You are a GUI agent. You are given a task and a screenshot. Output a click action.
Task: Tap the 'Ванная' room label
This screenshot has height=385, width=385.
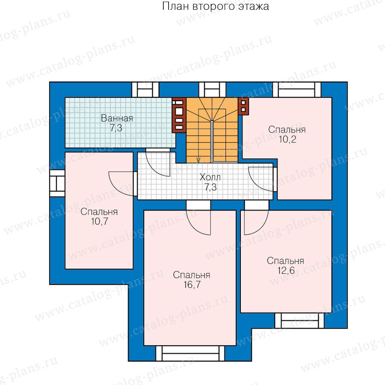(x=117, y=118)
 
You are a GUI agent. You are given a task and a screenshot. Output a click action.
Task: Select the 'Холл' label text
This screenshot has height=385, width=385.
(x=210, y=177)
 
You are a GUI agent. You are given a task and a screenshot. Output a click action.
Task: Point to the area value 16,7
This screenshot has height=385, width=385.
(x=192, y=284)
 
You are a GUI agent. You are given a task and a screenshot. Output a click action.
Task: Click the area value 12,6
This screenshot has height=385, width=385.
(x=286, y=270)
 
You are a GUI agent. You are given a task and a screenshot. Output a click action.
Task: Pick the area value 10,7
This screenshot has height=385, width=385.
(x=99, y=222)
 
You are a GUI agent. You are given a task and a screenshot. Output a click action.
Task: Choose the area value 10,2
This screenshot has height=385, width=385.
(x=287, y=139)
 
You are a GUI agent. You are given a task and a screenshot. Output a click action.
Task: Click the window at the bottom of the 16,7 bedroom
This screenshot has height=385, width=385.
(x=190, y=353)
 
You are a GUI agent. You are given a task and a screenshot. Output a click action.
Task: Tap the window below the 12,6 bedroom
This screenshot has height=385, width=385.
(x=299, y=320)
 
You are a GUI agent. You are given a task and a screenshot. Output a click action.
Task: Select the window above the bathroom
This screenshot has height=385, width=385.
(x=145, y=90)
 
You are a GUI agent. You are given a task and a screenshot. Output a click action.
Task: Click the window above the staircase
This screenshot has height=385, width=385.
(x=212, y=90)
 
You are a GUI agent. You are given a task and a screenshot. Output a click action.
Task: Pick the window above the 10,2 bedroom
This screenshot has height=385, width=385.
(x=296, y=90)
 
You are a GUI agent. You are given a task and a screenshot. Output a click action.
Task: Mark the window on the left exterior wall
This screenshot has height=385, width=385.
(x=57, y=184)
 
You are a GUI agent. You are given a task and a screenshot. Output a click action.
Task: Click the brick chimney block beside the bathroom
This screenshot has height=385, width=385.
(x=179, y=115)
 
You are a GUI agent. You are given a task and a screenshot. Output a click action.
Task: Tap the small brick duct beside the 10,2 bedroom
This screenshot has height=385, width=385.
(x=243, y=106)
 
